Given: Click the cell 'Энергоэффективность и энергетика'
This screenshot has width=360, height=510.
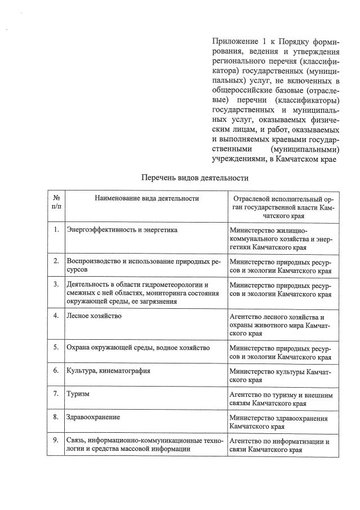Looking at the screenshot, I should pyautogui.click(x=122, y=230).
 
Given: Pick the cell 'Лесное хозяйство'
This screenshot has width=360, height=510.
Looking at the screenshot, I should pyautogui.click(x=94, y=316).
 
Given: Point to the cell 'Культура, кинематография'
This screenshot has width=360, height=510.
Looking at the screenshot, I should pyautogui.click(x=109, y=371).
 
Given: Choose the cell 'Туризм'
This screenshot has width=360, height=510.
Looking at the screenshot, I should pyautogui.click(x=78, y=394).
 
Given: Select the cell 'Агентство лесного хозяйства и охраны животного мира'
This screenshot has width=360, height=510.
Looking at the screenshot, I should pyautogui.click(x=281, y=325).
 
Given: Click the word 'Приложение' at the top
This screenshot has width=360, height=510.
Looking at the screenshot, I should pyautogui.click(x=232, y=41).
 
